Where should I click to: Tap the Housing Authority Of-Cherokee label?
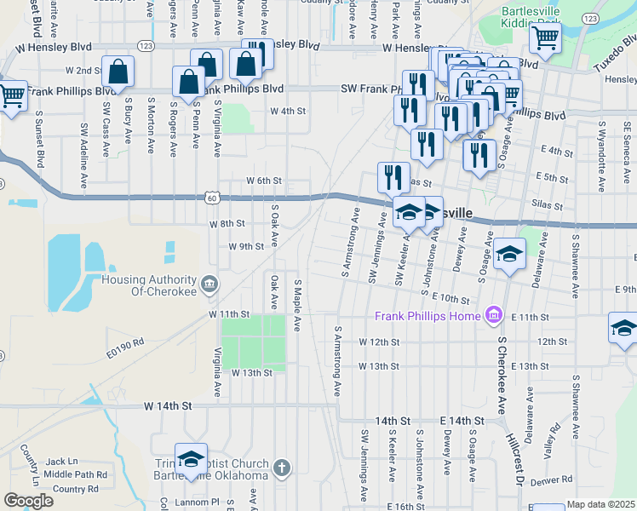click(x=149, y=285)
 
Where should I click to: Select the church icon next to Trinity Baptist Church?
click(x=283, y=468)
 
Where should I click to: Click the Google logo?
click(x=28, y=501)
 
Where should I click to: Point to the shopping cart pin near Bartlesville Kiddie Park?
click(x=544, y=38)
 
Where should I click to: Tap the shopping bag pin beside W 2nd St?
click(x=118, y=73)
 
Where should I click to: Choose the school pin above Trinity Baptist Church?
click(x=191, y=460)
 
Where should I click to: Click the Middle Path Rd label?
click(x=76, y=474)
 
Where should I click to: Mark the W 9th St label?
click(x=246, y=246)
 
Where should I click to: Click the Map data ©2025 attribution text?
click(x=600, y=504)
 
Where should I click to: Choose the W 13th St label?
click(x=251, y=373)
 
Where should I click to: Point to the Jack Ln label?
click(x=62, y=461)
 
